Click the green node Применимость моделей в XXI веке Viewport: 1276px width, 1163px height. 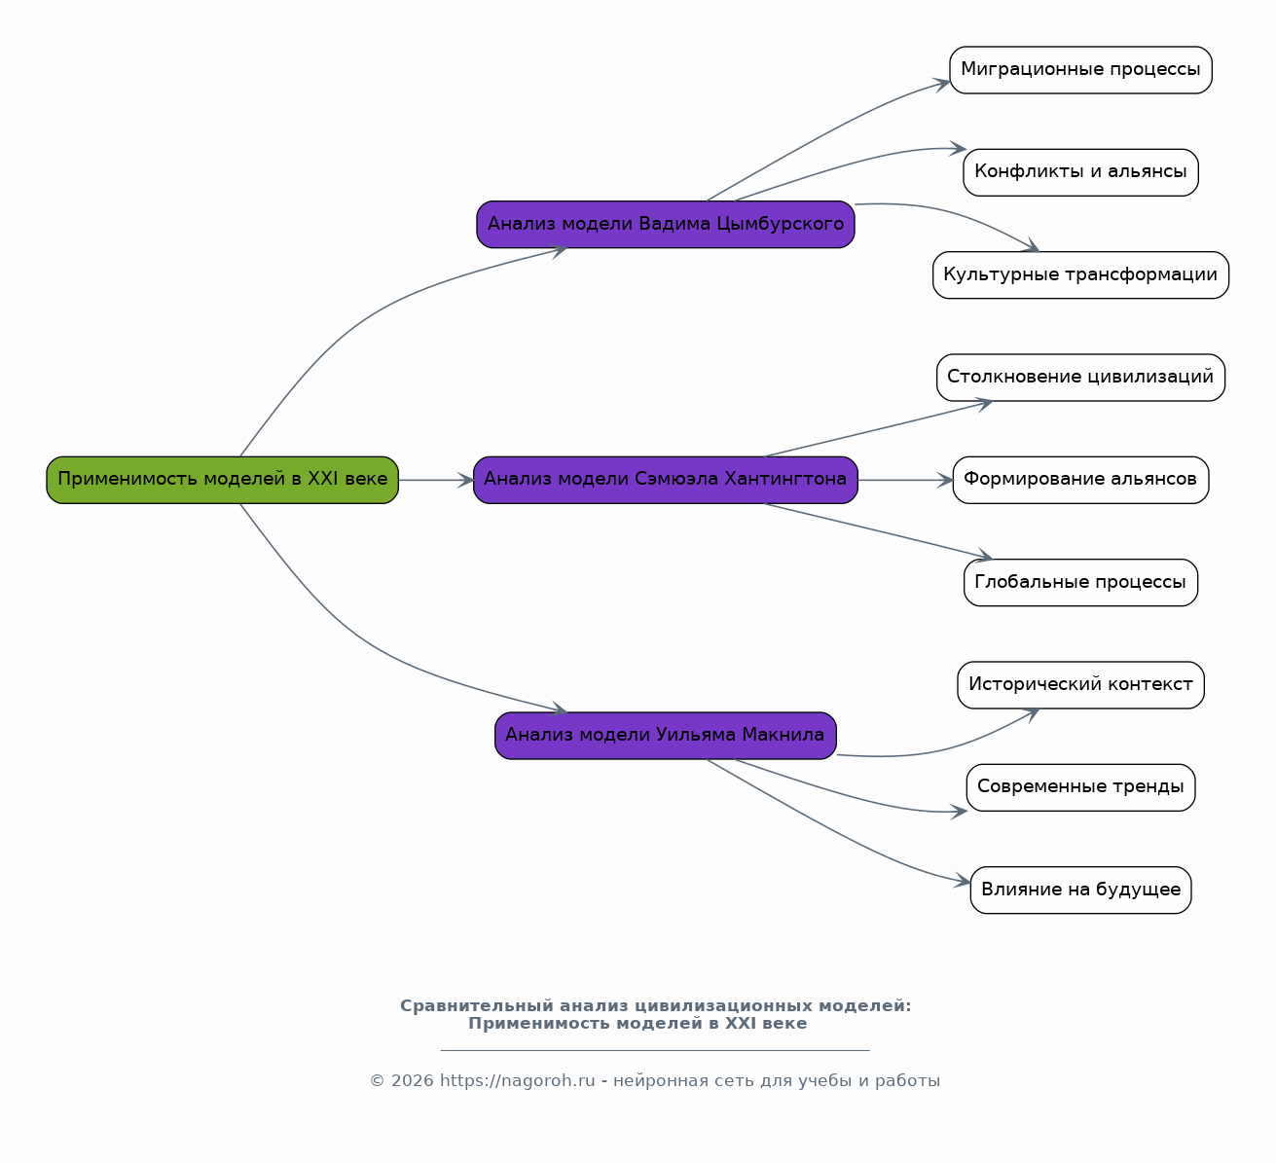point(222,480)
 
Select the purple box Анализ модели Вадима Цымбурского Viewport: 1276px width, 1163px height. point(666,225)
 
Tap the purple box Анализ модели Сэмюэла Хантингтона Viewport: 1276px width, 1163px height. point(666,480)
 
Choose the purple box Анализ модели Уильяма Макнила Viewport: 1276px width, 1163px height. point(666,736)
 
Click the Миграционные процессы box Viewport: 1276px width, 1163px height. point(1080,70)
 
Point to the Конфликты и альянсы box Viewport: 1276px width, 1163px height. point(1080,172)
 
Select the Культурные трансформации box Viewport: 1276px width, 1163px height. point(1080,274)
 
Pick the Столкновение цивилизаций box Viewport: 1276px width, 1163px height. point(1080,378)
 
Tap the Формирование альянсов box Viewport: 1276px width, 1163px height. point(1080,480)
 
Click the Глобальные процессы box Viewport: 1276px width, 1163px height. point(1080,582)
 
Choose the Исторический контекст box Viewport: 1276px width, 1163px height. point(1080,684)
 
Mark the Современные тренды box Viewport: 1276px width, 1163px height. point(1080,787)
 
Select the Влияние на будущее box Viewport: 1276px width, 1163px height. point(1080,890)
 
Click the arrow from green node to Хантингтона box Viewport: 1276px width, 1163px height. point(436,480)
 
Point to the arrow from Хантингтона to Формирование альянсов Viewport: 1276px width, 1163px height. point(905,480)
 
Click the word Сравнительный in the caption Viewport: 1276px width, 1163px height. point(477,1006)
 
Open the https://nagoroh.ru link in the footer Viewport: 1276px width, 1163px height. point(517,1080)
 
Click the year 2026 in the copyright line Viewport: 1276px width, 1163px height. point(412,1080)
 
